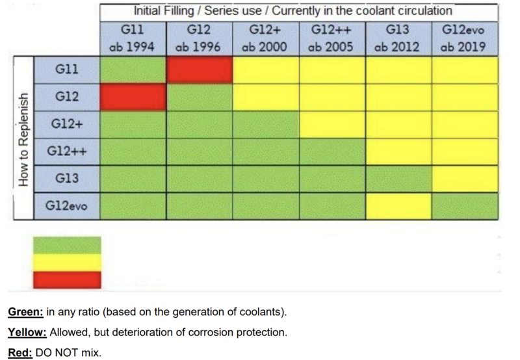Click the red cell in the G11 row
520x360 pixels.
click(200, 70)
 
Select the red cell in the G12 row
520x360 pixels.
click(133, 97)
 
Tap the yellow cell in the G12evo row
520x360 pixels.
click(398, 206)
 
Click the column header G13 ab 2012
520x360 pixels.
click(398, 39)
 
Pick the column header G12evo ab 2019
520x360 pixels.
click(465, 39)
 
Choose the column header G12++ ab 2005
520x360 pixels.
click(332, 39)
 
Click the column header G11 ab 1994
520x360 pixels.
click(133, 39)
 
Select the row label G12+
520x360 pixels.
click(67, 125)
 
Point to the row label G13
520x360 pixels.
click(67, 179)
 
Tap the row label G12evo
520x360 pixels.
click(67, 206)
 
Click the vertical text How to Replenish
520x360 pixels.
click(23, 139)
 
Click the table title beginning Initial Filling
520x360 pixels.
click(293, 11)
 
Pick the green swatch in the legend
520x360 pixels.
click(67, 245)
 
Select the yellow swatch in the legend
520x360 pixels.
click(67, 263)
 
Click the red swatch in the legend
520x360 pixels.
click(67, 280)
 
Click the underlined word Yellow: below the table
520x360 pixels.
click(27, 332)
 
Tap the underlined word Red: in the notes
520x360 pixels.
click(20, 352)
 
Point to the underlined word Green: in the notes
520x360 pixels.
click(25, 312)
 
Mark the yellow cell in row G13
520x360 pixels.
click(465, 179)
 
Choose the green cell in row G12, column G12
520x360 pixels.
click(200, 97)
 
